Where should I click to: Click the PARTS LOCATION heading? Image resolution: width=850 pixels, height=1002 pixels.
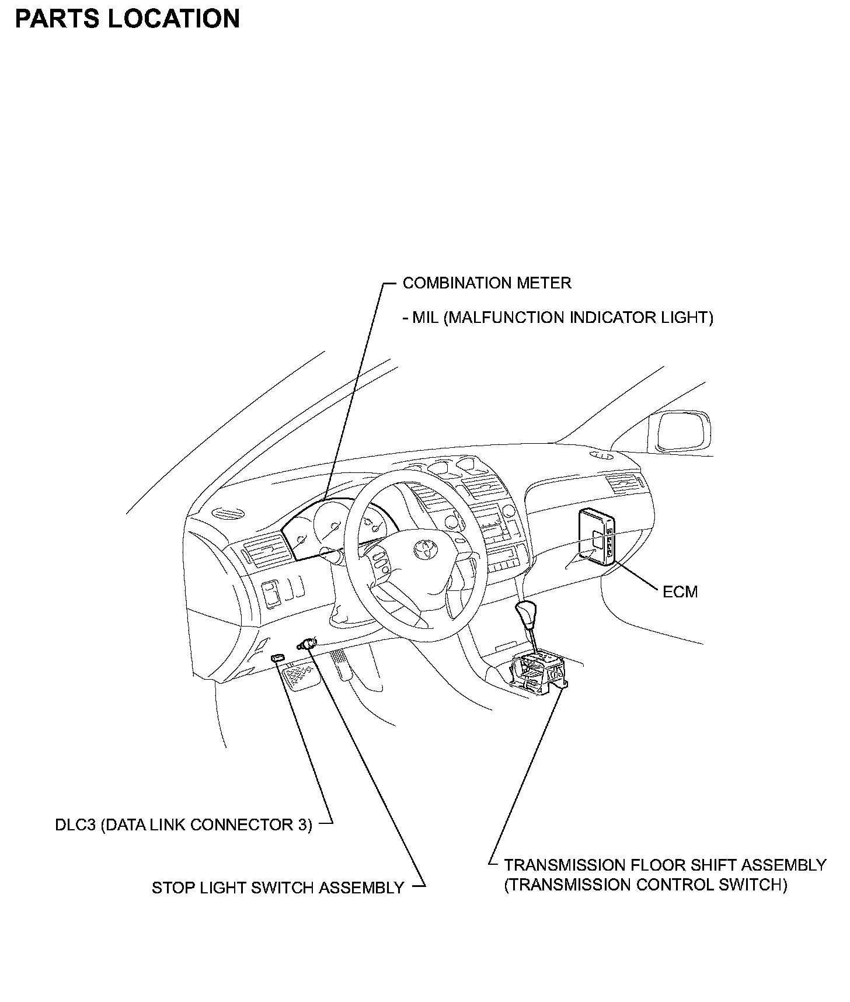[x=127, y=19]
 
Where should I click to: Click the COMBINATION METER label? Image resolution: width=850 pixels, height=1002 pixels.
[x=487, y=283]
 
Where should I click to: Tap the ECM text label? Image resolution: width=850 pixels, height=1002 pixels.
[x=680, y=592]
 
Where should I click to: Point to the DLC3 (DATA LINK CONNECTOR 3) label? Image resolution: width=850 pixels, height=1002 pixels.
[x=183, y=824]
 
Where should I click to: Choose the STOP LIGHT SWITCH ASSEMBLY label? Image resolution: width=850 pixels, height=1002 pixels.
[x=278, y=888]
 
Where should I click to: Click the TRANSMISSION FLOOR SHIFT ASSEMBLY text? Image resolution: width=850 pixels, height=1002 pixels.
[x=665, y=865]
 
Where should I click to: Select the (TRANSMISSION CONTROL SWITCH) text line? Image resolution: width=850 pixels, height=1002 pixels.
[x=646, y=885]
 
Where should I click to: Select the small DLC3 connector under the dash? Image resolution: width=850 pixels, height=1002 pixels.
[x=277, y=657]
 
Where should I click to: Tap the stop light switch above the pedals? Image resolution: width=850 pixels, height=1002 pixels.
[x=306, y=644]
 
